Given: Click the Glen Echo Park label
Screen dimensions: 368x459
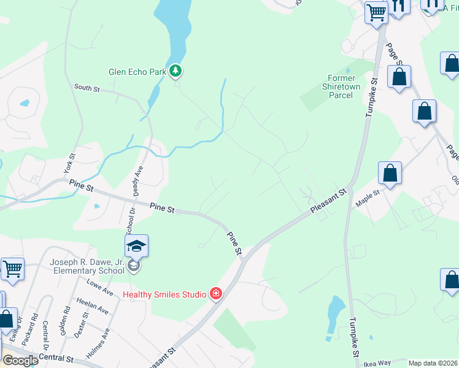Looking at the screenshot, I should [x=137, y=72].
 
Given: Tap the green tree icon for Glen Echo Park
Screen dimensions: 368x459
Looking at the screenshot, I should [x=176, y=72].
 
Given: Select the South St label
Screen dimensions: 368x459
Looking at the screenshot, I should [x=87, y=88].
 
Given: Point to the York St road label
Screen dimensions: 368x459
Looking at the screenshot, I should [x=71, y=162].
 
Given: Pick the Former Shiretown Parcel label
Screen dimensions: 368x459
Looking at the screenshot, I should [x=341, y=86].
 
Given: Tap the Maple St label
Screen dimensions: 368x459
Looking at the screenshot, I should [x=368, y=196].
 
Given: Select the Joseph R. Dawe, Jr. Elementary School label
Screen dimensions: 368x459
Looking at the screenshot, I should [x=87, y=266].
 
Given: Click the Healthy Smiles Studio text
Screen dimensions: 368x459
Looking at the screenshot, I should [x=164, y=294].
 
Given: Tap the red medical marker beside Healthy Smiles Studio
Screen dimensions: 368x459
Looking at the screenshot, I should [x=215, y=294].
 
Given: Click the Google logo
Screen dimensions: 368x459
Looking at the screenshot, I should [x=20, y=361].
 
